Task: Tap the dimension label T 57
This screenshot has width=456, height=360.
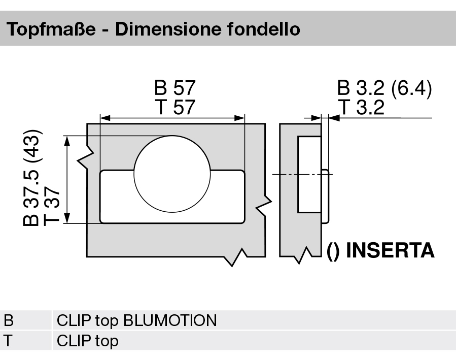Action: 174,107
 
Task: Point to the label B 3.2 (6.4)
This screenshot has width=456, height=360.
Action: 384,88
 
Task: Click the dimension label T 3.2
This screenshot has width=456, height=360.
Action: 361,107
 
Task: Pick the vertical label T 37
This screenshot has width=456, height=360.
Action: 52,206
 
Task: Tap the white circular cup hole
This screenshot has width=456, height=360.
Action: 172,173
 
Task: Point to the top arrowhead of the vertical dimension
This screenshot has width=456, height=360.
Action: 67,140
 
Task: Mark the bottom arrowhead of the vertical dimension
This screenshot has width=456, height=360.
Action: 67,219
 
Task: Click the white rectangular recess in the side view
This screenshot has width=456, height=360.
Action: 309,174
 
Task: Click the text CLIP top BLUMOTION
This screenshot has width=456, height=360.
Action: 136,321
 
